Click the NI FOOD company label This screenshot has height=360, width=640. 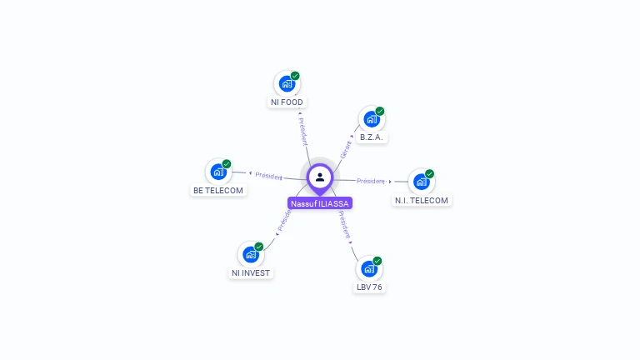click(287, 102)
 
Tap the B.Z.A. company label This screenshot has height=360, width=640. click(372, 137)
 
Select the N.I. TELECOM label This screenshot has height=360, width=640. click(421, 201)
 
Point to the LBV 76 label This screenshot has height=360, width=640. click(369, 287)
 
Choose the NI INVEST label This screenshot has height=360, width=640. click(251, 273)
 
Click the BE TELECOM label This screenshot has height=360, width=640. click(218, 191)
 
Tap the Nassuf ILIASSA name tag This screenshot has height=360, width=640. click(320, 203)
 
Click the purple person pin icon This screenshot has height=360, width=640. click(320, 177)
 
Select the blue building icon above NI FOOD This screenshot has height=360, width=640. click(287, 83)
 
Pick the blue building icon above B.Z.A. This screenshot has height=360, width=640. click(371, 119)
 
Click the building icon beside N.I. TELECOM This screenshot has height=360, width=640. click(421, 181)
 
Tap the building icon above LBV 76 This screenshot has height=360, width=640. click(369, 268)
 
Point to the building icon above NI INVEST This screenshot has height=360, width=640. click(250, 254)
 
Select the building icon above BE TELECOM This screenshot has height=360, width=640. click(218, 172)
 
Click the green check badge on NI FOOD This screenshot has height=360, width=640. click(295, 76)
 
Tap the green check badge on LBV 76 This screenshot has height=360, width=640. click(377, 261)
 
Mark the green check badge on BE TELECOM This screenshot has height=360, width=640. click(227, 164)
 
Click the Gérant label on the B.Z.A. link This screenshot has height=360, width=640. click(346, 149)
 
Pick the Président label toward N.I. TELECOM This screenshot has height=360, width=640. click(371, 181)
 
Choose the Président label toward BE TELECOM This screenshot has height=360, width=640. click(269, 176)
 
